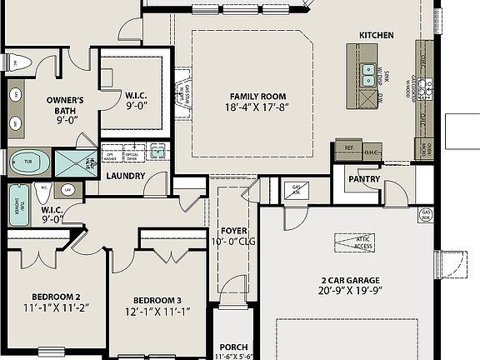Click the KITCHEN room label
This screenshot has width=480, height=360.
pyautogui.click(x=376, y=34)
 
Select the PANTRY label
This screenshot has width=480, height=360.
pyautogui.click(x=364, y=179)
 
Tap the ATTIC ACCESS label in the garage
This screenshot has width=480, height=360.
pyautogui.click(x=352, y=242)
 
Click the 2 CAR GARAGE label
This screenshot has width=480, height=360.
pyautogui.click(x=348, y=280)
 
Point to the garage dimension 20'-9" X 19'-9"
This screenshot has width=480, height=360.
pyautogui.click(x=348, y=292)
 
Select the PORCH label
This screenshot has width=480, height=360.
pyautogui.click(x=233, y=347)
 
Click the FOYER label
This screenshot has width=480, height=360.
pyautogui.click(x=233, y=230)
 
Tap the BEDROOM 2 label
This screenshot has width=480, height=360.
pyautogui.click(x=56, y=297)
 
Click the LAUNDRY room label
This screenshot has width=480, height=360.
pyautogui.click(x=127, y=176)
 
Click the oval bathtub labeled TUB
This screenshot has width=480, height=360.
pyautogui.click(x=27, y=161)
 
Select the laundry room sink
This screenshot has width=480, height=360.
pyautogui.click(x=157, y=152)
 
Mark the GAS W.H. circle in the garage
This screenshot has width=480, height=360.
pyautogui.click(x=426, y=214)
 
